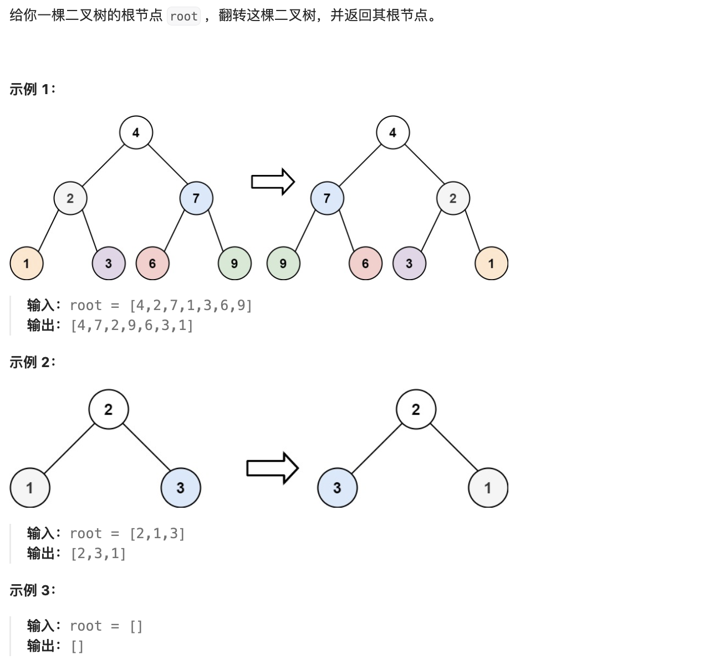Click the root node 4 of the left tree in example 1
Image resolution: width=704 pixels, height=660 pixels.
(136, 132)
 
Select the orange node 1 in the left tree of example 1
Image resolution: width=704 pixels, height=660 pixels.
(27, 264)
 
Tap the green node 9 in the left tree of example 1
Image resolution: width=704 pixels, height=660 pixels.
(234, 264)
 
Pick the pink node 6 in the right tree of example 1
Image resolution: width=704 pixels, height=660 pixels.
(365, 264)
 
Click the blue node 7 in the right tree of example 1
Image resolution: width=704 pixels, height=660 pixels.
(327, 198)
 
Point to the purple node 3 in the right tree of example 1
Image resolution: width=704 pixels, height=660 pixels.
(409, 264)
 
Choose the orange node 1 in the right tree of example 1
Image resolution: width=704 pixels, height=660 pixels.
(491, 264)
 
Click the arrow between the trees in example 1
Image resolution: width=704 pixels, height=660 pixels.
(273, 182)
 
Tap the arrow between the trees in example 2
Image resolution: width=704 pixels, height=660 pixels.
(272, 468)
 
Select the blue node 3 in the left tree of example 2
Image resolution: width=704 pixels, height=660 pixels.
(180, 488)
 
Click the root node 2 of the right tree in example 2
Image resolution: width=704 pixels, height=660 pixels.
(416, 409)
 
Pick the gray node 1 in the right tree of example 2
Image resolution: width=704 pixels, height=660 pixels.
(488, 488)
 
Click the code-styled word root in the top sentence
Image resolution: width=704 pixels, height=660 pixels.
(183, 16)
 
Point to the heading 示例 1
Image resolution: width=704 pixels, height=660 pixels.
(32, 89)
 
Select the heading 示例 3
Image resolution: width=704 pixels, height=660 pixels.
(32, 590)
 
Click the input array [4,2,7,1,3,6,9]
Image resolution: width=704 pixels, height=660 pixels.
(191, 306)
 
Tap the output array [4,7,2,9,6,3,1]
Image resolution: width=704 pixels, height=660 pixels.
(132, 326)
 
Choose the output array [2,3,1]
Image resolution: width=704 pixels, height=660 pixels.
(99, 554)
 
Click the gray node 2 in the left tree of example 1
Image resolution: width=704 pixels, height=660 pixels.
(70, 198)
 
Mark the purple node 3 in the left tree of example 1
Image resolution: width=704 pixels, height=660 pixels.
(109, 264)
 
